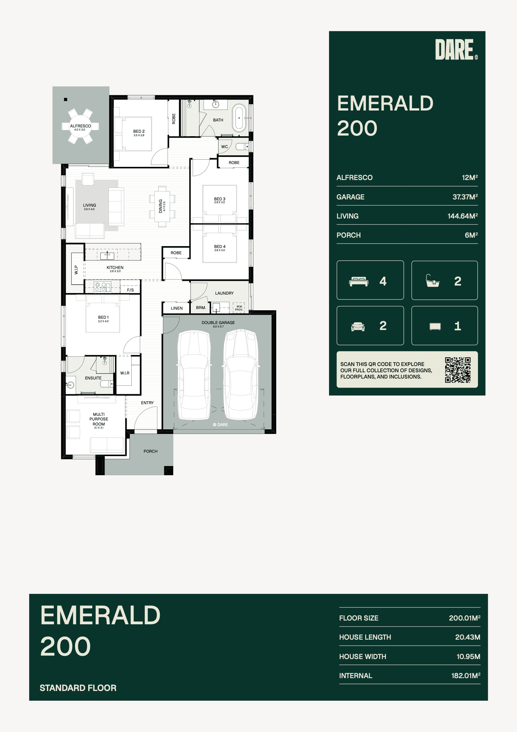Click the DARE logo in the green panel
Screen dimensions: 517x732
456,49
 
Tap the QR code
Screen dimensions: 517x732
458,369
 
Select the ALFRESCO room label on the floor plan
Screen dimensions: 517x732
81,126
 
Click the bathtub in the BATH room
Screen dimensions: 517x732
239,118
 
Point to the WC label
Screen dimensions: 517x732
225,147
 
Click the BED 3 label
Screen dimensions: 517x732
220,199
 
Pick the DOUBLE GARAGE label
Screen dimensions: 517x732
218,323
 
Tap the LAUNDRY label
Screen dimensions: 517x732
224,293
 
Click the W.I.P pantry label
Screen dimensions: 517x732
76,270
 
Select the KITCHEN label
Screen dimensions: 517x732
115,267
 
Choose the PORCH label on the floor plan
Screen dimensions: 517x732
150,451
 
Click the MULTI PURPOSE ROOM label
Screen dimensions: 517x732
99,419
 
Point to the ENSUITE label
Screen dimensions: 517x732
93,378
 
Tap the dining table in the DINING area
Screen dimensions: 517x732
162,206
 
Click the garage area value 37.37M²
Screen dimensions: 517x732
465,197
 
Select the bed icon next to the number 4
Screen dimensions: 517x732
359,281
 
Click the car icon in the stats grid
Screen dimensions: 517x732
358,327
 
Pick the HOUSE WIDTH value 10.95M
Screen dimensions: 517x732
468,657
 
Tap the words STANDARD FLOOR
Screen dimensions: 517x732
78,688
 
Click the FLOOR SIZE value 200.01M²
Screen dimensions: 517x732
464,618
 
